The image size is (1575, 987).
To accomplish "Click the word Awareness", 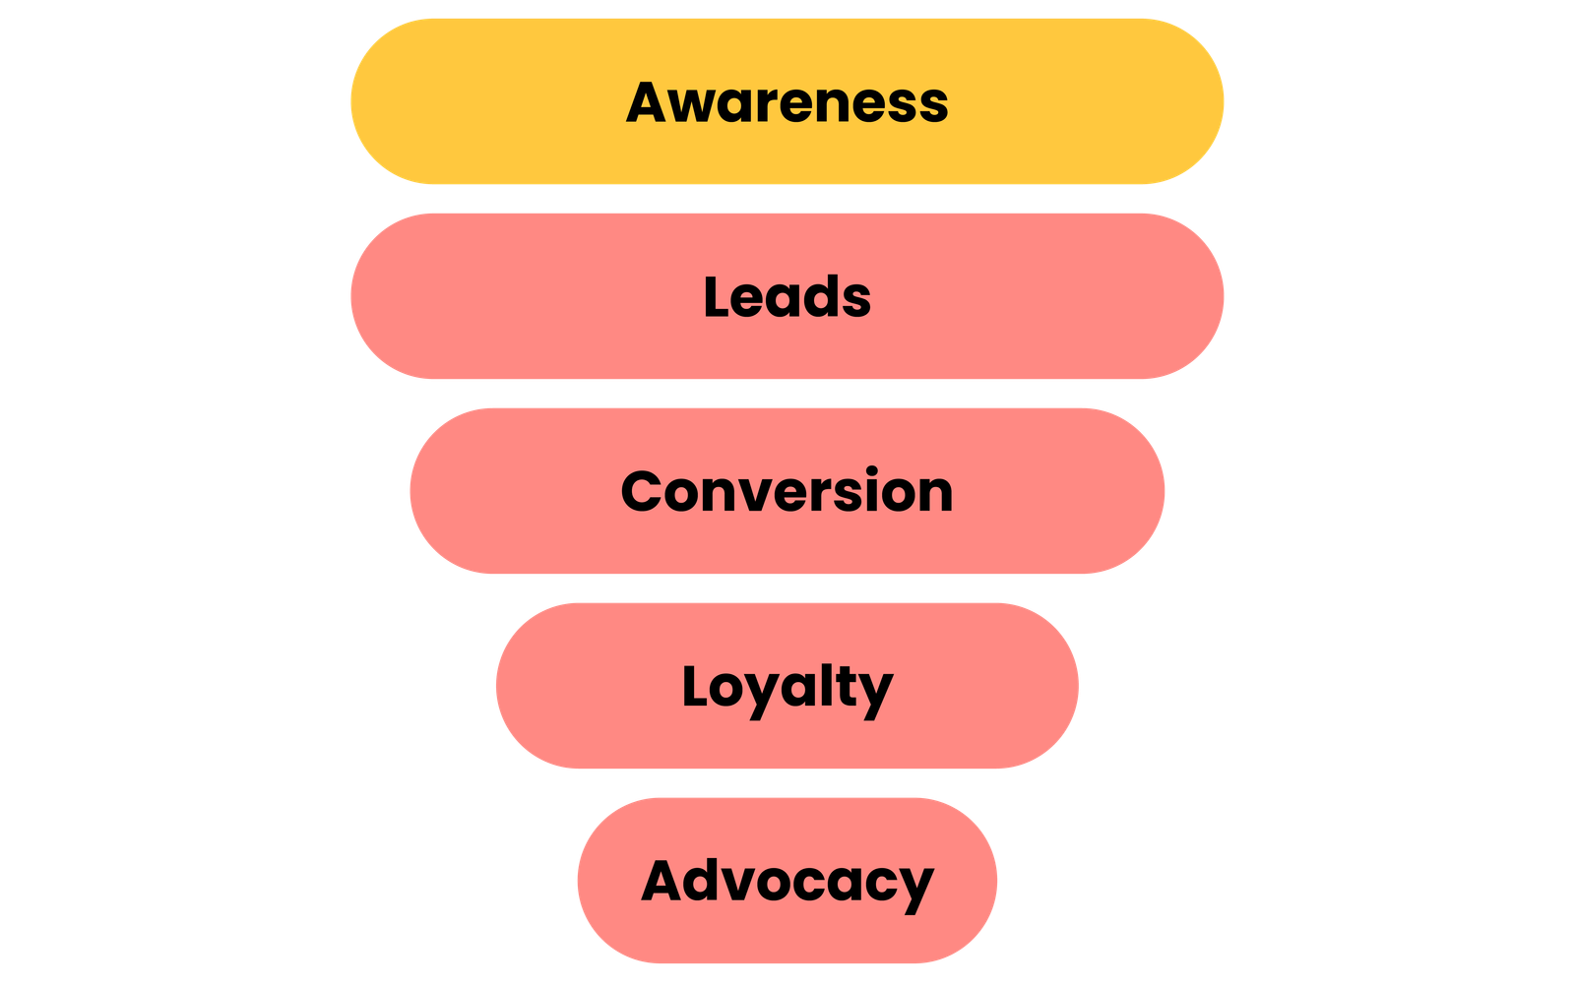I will (787, 102).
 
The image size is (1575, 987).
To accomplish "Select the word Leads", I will (787, 297).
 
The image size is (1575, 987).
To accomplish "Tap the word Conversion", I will (787, 491).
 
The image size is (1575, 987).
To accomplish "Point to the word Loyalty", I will (787, 687).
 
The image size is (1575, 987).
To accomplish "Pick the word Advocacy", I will (787, 881).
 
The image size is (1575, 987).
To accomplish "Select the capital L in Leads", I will (717, 297).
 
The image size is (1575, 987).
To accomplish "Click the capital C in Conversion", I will (645, 491).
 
